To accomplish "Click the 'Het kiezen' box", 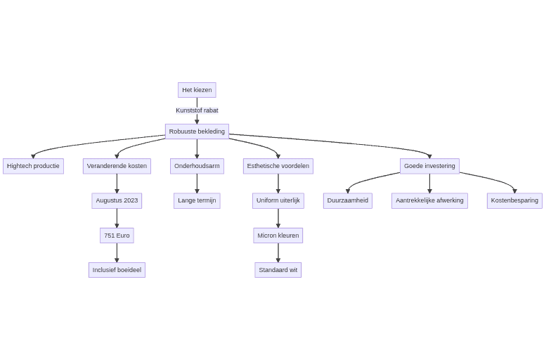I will (197, 90).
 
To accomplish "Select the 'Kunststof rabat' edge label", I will (197, 110).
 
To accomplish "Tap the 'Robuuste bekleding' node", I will (197, 131).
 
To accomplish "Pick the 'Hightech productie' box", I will (33, 166).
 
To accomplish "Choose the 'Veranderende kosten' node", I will (117, 166).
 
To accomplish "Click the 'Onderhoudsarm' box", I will (197, 166).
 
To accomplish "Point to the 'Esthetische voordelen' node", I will (278, 166).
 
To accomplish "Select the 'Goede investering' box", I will (429, 166).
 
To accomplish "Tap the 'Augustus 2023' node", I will (117, 200).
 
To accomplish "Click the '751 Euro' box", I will (117, 236).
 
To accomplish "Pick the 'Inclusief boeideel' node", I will (117, 270).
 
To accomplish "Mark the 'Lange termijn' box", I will (197, 200).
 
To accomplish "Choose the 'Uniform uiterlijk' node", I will (278, 200).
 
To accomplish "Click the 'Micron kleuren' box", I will (278, 236).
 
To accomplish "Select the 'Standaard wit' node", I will (278, 270).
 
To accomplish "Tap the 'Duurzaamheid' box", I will (348, 200).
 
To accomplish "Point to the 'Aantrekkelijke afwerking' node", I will (429, 200).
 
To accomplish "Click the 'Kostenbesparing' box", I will (514, 200).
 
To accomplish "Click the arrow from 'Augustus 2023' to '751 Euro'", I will (117, 218).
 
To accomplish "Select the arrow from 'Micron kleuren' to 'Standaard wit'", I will (278, 252).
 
